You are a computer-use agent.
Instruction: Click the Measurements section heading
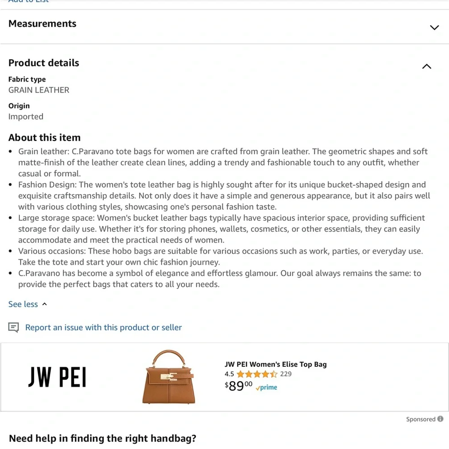[42, 24]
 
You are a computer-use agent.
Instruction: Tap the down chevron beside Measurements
[434, 27]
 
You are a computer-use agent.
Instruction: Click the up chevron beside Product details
[427, 66]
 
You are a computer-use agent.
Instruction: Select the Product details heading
[44, 63]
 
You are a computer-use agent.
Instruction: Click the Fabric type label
[27, 79]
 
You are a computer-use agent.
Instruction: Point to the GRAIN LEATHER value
[39, 90]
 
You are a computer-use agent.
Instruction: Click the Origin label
[19, 106]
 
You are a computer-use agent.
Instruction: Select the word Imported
[26, 117]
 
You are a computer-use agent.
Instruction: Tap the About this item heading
[44, 138]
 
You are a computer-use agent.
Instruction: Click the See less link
[23, 304]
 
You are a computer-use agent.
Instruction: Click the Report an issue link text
[103, 328]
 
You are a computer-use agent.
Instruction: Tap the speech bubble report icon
[14, 328]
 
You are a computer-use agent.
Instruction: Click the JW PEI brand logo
[57, 378]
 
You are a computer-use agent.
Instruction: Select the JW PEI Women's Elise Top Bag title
[275, 365]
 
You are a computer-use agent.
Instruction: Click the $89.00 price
[238, 386]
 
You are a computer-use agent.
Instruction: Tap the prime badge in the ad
[267, 387]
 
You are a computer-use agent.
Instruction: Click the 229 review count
[286, 374]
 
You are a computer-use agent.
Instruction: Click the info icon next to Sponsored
[440, 419]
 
